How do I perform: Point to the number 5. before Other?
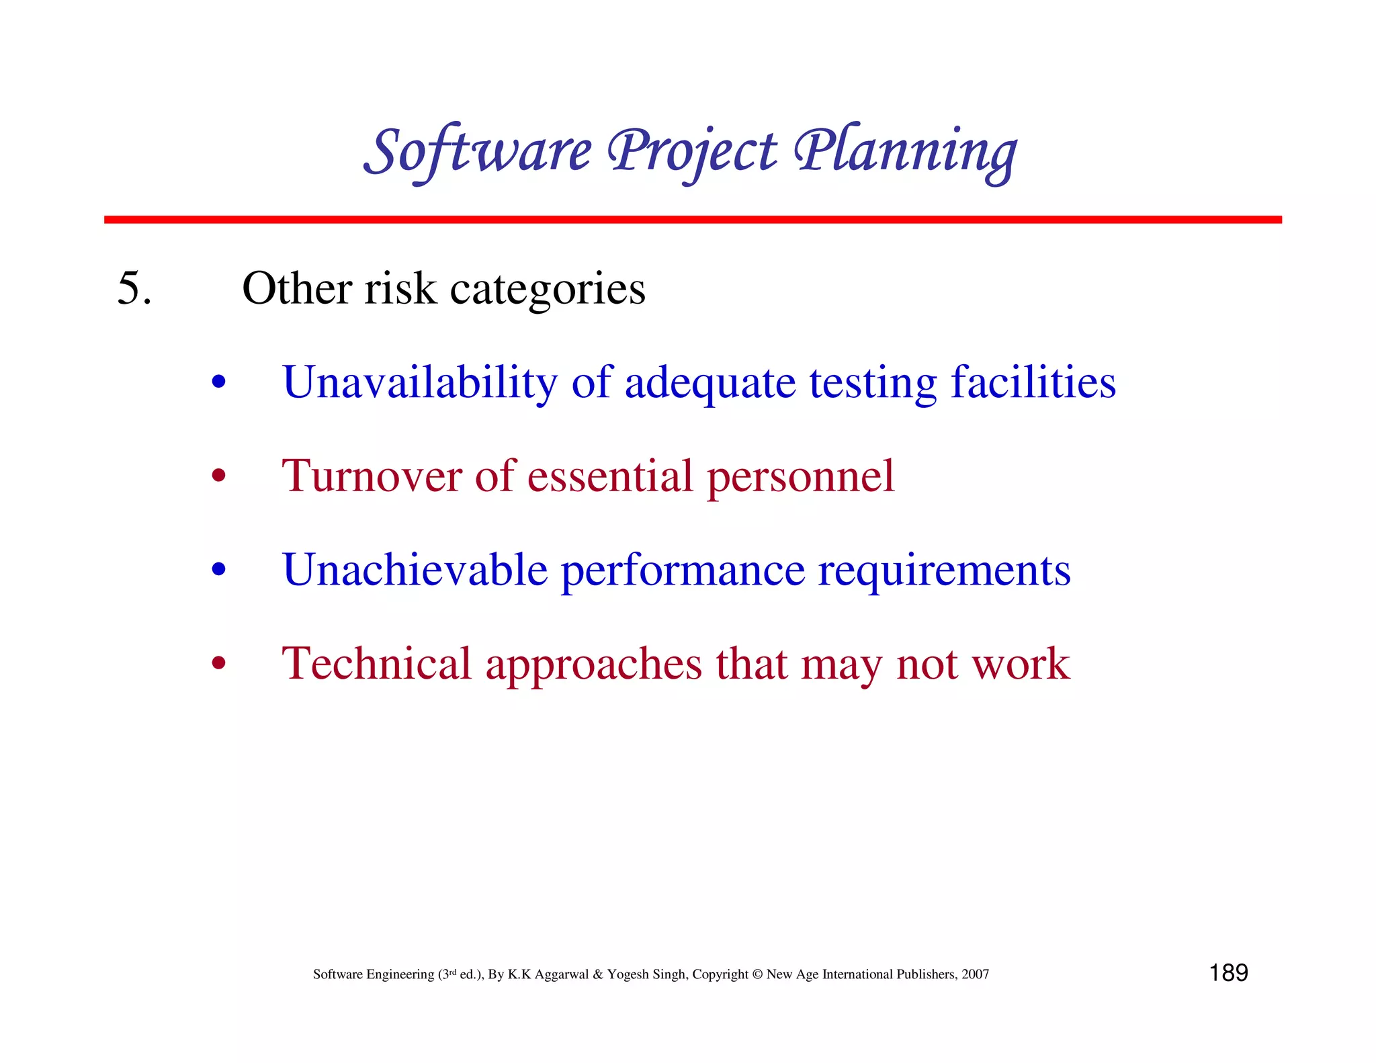pyautogui.click(x=134, y=288)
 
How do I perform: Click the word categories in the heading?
pyautogui.click(x=547, y=290)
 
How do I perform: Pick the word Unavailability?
pyautogui.click(x=420, y=382)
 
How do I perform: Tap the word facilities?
pyautogui.click(x=1033, y=382)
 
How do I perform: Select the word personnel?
pyautogui.click(x=800, y=477)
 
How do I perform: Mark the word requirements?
pyautogui.click(x=944, y=571)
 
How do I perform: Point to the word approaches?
pyautogui.click(x=593, y=665)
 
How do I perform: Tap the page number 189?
pyautogui.click(x=1228, y=973)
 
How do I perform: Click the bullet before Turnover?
pyautogui.click(x=218, y=476)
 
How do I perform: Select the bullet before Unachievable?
pyautogui.click(x=218, y=570)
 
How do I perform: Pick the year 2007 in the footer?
pyautogui.click(x=975, y=974)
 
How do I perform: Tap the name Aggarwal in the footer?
pyautogui.click(x=561, y=975)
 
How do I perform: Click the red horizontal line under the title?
pyautogui.click(x=692, y=220)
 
